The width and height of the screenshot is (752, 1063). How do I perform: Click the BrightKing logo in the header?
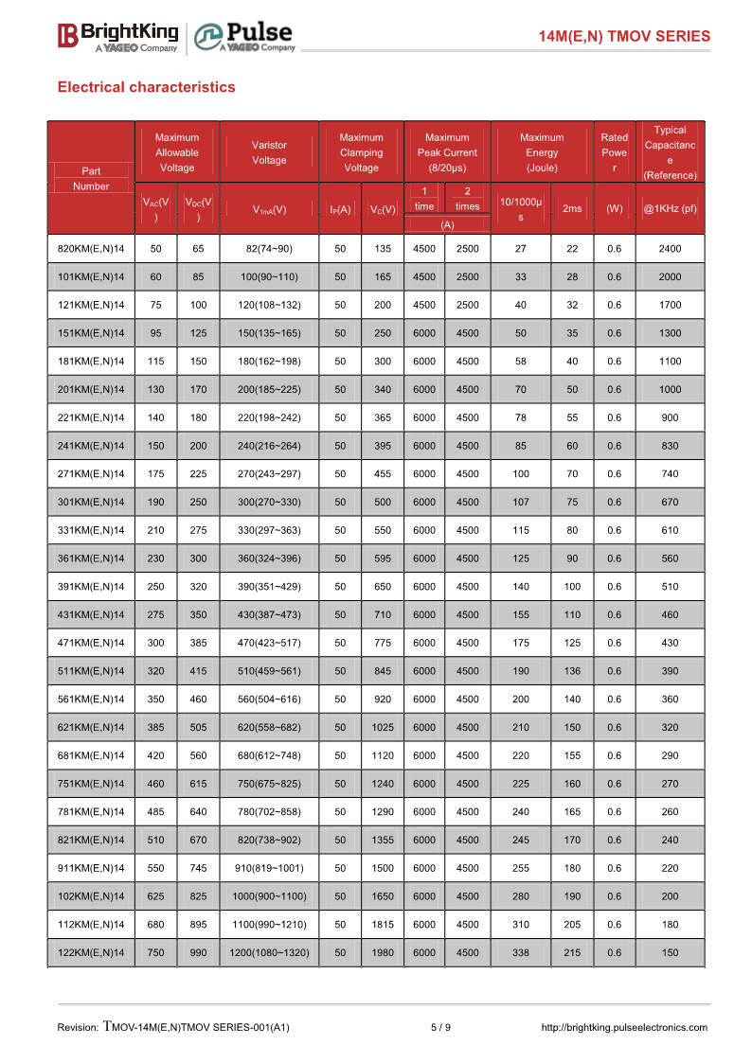(117, 36)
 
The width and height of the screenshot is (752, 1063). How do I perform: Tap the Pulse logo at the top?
(244, 37)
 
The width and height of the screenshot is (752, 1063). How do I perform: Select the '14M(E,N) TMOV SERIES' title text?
(623, 36)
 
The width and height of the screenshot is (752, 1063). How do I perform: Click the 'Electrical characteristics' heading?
(147, 87)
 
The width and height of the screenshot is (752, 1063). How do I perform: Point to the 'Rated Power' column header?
(614, 152)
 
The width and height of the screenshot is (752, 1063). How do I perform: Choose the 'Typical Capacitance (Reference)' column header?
(670, 152)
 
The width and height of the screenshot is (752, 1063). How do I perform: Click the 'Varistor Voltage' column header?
(269, 152)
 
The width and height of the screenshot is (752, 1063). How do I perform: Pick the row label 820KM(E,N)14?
(91, 249)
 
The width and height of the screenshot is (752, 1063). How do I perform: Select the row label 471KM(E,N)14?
(91, 643)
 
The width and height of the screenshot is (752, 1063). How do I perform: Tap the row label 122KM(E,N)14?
(91, 952)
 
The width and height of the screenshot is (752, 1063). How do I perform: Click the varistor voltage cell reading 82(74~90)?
(269, 249)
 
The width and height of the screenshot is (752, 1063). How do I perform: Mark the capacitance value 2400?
(670, 249)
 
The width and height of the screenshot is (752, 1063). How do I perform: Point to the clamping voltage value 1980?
(383, 952)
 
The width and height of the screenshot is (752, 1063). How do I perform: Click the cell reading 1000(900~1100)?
(269, 895)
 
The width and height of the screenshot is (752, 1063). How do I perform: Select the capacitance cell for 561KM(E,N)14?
(670, 699)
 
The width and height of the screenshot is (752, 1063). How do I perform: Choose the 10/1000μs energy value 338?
(521, 952)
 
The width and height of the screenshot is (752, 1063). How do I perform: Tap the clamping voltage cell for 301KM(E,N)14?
(383, 502)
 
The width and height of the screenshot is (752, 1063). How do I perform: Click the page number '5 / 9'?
(440, 1027)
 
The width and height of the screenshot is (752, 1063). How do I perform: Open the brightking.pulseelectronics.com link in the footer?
(623, 1027)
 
